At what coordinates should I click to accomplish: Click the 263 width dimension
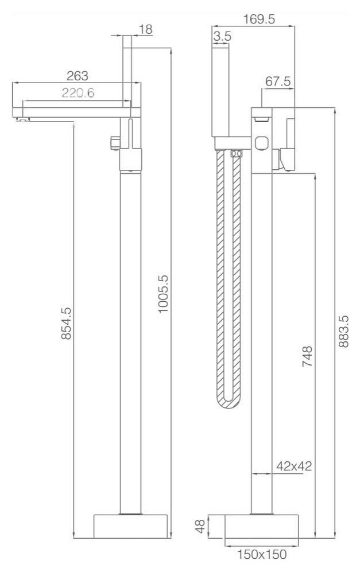77,75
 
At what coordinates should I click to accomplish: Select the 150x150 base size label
262,555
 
